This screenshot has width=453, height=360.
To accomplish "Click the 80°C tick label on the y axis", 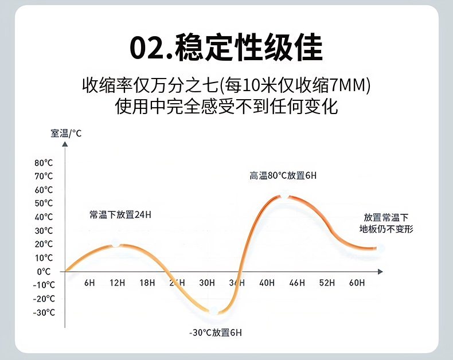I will (x=44, y=162).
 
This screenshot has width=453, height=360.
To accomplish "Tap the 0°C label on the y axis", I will (x=44, y=271).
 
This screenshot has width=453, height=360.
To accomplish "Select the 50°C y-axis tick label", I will (x=44, y=203).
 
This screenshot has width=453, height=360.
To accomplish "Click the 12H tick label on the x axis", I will (x=118, y=283).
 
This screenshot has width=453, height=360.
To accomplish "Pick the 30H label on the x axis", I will (x=207, y=283).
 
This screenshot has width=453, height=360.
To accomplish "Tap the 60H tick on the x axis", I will (x=357, y=283).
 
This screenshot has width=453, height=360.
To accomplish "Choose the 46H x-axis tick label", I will (x=297, y=283).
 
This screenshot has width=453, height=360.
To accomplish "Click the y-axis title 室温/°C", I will (x=66, y=134).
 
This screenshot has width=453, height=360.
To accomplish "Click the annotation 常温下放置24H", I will (x=120, y=215).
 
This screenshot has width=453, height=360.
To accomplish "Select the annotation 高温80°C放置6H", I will (x=283, y=175).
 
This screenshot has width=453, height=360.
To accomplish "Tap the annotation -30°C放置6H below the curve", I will (x=216, y=333).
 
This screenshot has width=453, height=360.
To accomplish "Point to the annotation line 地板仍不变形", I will (x=386, y=229).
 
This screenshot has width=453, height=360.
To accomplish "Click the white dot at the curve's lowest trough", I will (x=214, y=312).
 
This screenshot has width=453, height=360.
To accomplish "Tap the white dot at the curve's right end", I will (x=380, y=248).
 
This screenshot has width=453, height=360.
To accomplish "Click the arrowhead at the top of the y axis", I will (x=65, y=144).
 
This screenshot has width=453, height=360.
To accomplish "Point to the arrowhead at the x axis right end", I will (x=380, y=271).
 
